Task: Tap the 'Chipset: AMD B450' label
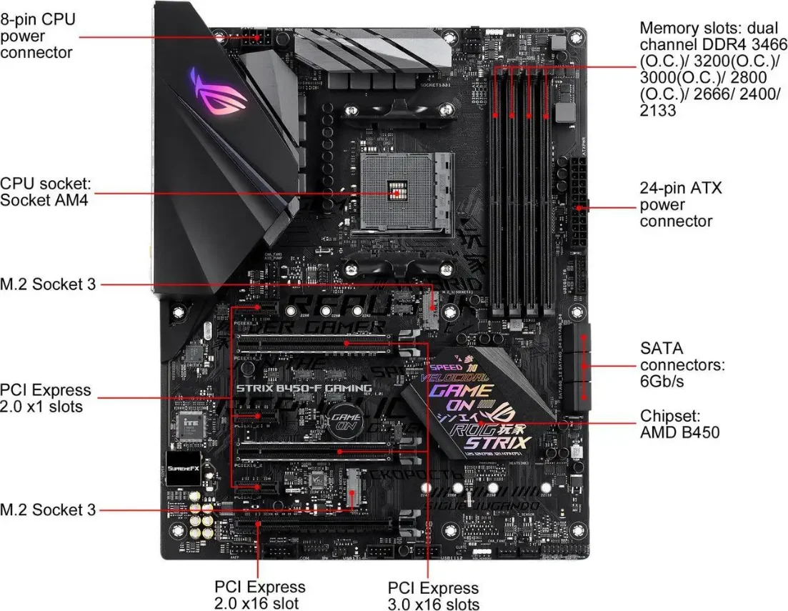679,424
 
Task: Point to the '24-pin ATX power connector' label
680,204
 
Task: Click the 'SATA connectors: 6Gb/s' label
682,364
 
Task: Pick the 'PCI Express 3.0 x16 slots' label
433,596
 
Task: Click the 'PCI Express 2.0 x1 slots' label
46,398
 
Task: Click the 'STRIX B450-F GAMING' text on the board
299,389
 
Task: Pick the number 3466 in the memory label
759,45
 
